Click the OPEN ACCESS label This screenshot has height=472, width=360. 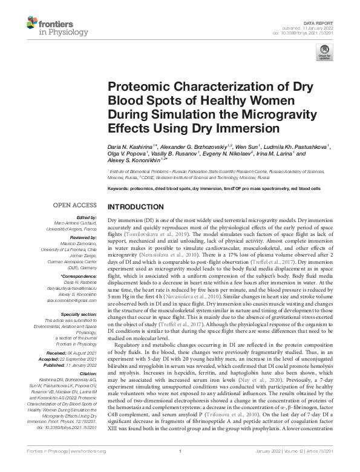[76, 205]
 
